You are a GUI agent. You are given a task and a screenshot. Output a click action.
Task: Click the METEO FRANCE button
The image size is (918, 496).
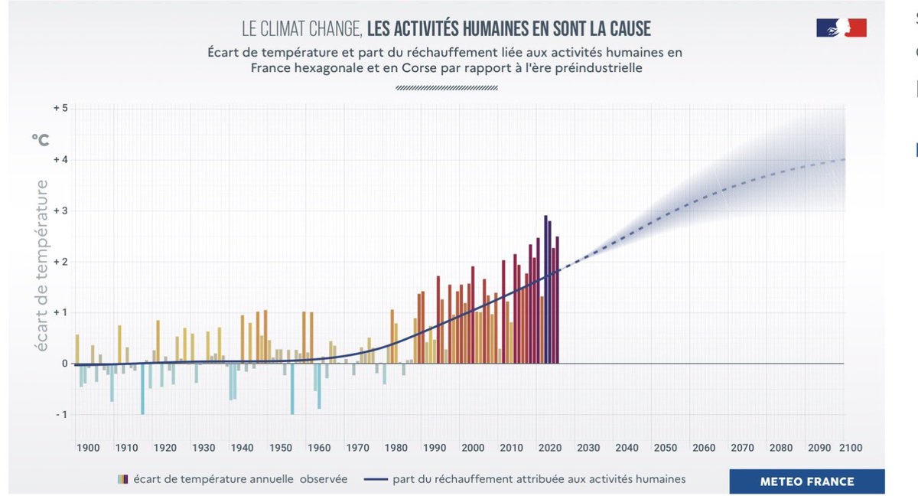[x=807, y=481]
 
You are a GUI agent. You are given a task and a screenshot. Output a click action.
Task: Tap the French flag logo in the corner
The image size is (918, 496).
[x=841, y=28]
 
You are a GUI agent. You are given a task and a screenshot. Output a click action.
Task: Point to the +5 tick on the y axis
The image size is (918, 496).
[x=60, y=108]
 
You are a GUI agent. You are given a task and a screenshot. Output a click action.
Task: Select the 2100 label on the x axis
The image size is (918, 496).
[x=851, y=447]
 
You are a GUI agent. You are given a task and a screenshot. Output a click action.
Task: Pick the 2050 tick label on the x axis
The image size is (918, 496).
[x=666, y=447]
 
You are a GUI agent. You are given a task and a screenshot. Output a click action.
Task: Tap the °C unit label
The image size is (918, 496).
[x=40, y=139]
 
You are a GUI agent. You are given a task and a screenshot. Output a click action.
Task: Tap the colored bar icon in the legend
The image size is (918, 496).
[x=122, y=480]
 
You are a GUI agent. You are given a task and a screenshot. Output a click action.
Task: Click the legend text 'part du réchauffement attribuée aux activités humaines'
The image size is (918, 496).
[x=539, y=480]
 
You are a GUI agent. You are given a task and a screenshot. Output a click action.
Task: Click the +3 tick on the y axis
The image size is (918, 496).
[x=60, y=210]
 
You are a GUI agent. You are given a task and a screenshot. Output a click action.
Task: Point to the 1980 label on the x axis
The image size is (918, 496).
[x=396, y=447]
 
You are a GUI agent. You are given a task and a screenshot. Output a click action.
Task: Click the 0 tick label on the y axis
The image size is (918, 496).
[x=65, y=363]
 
